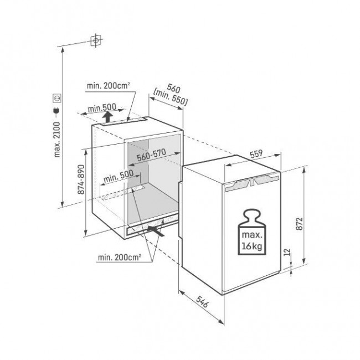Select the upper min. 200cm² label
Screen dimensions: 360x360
(x=108, y=86)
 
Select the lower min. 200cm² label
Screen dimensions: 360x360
(x=119, y=257)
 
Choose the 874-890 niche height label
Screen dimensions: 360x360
(x=81, y=181)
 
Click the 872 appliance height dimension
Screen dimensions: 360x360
(x=299, y=222)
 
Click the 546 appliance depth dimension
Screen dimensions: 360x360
(x=202, y=305)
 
